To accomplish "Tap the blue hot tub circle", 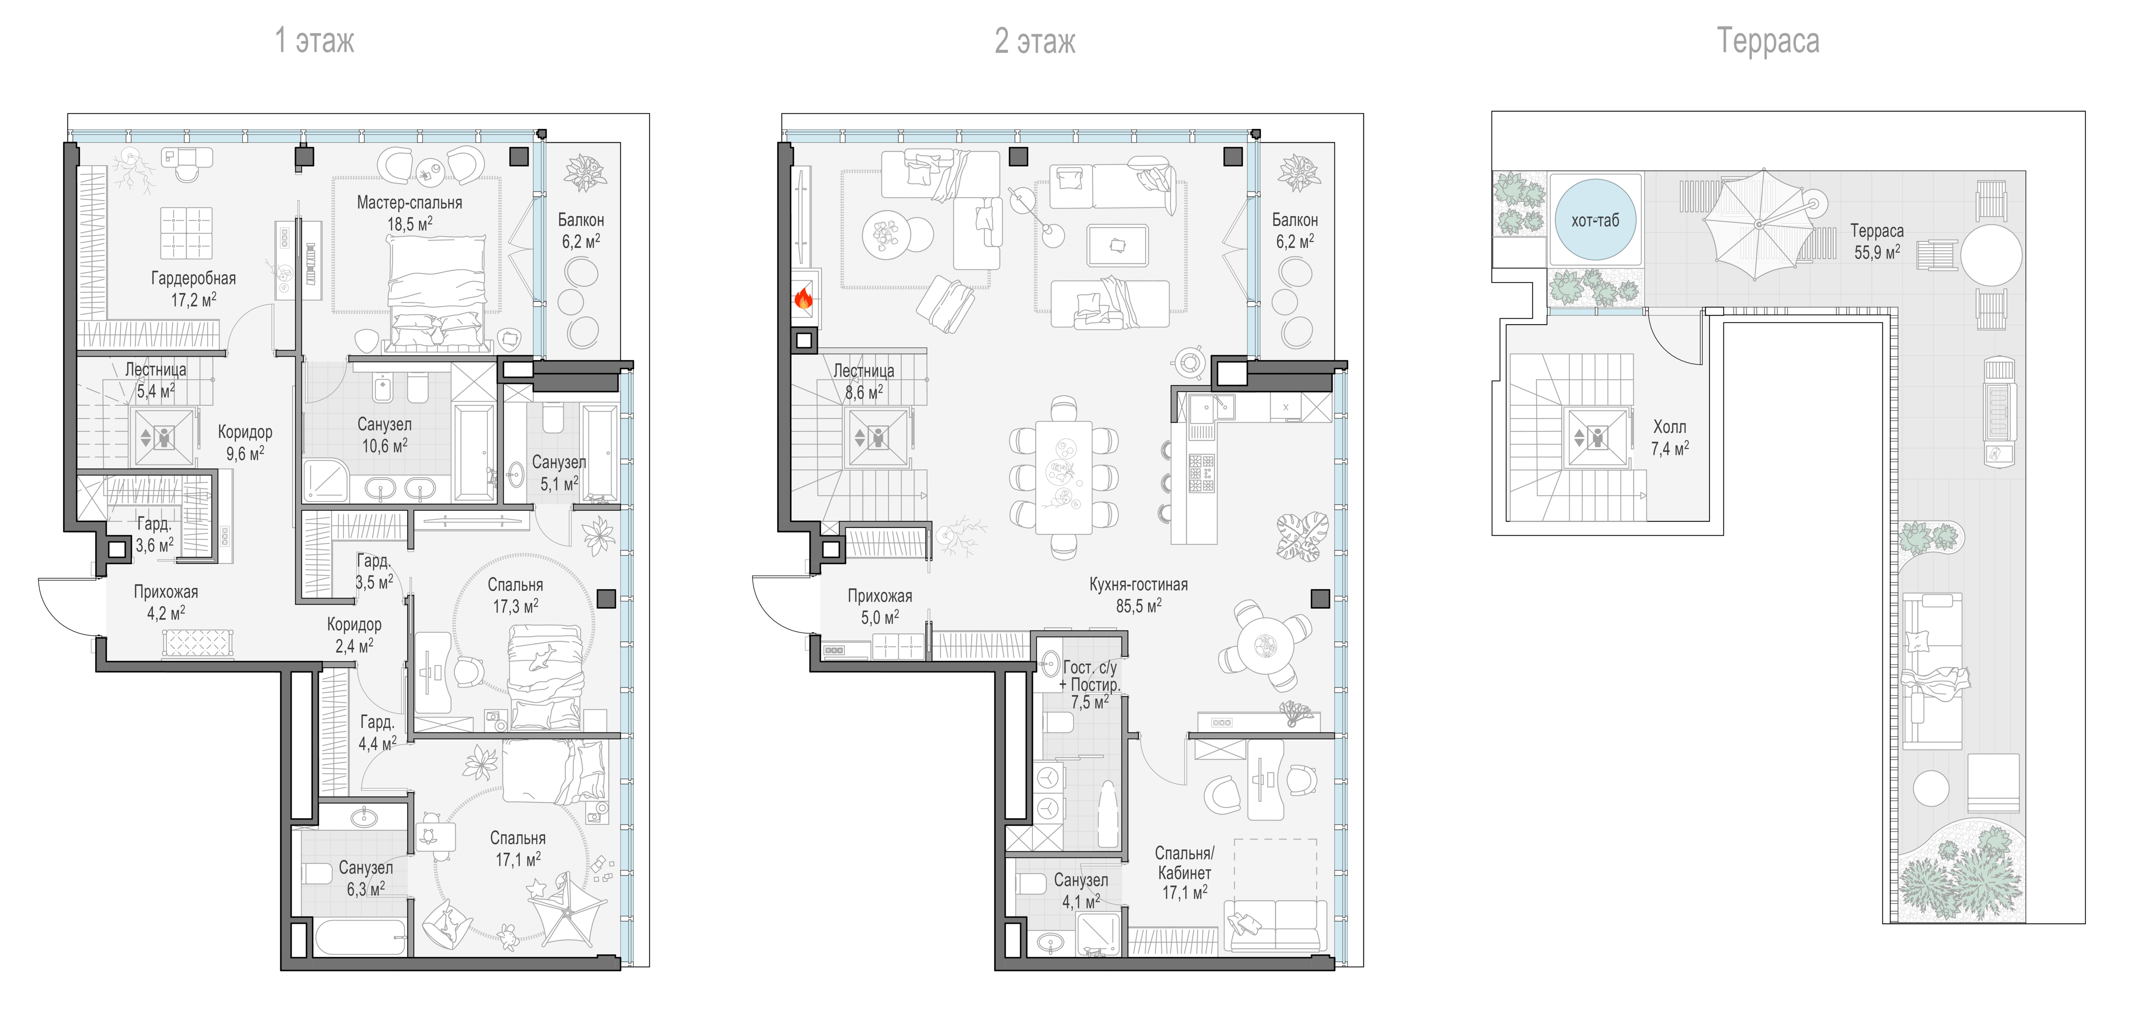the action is point(1595,220).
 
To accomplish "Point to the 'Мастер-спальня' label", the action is point(409,202).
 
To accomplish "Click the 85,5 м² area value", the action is point(1139,606).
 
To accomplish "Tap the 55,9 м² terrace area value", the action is point(1877,252).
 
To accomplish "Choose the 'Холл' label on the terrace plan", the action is point(1669,427).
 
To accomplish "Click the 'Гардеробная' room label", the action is point(193,278).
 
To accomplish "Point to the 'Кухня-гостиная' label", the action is point(1139,584).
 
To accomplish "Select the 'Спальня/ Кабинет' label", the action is point(1185,863).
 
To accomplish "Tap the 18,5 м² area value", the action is point(409,224).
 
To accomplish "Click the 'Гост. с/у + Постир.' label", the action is point(1090,676).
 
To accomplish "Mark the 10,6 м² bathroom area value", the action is point(385,445).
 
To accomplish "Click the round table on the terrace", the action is point(1991,256).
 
